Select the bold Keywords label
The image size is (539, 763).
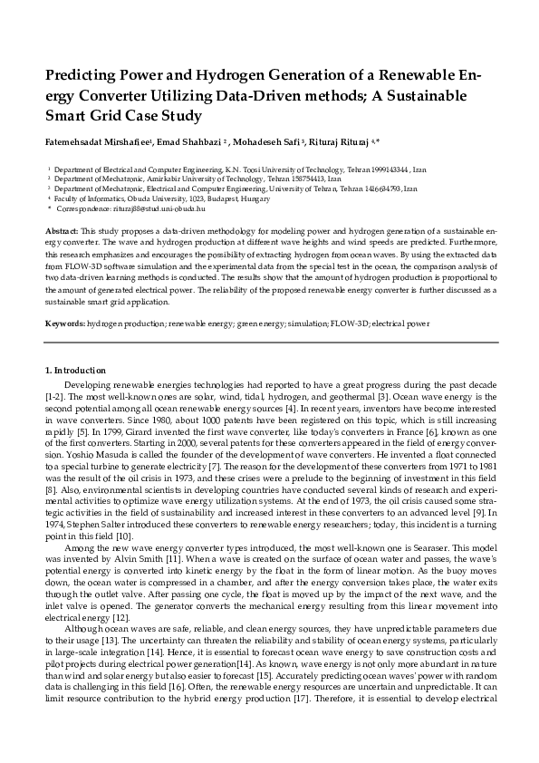click(64, 323)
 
